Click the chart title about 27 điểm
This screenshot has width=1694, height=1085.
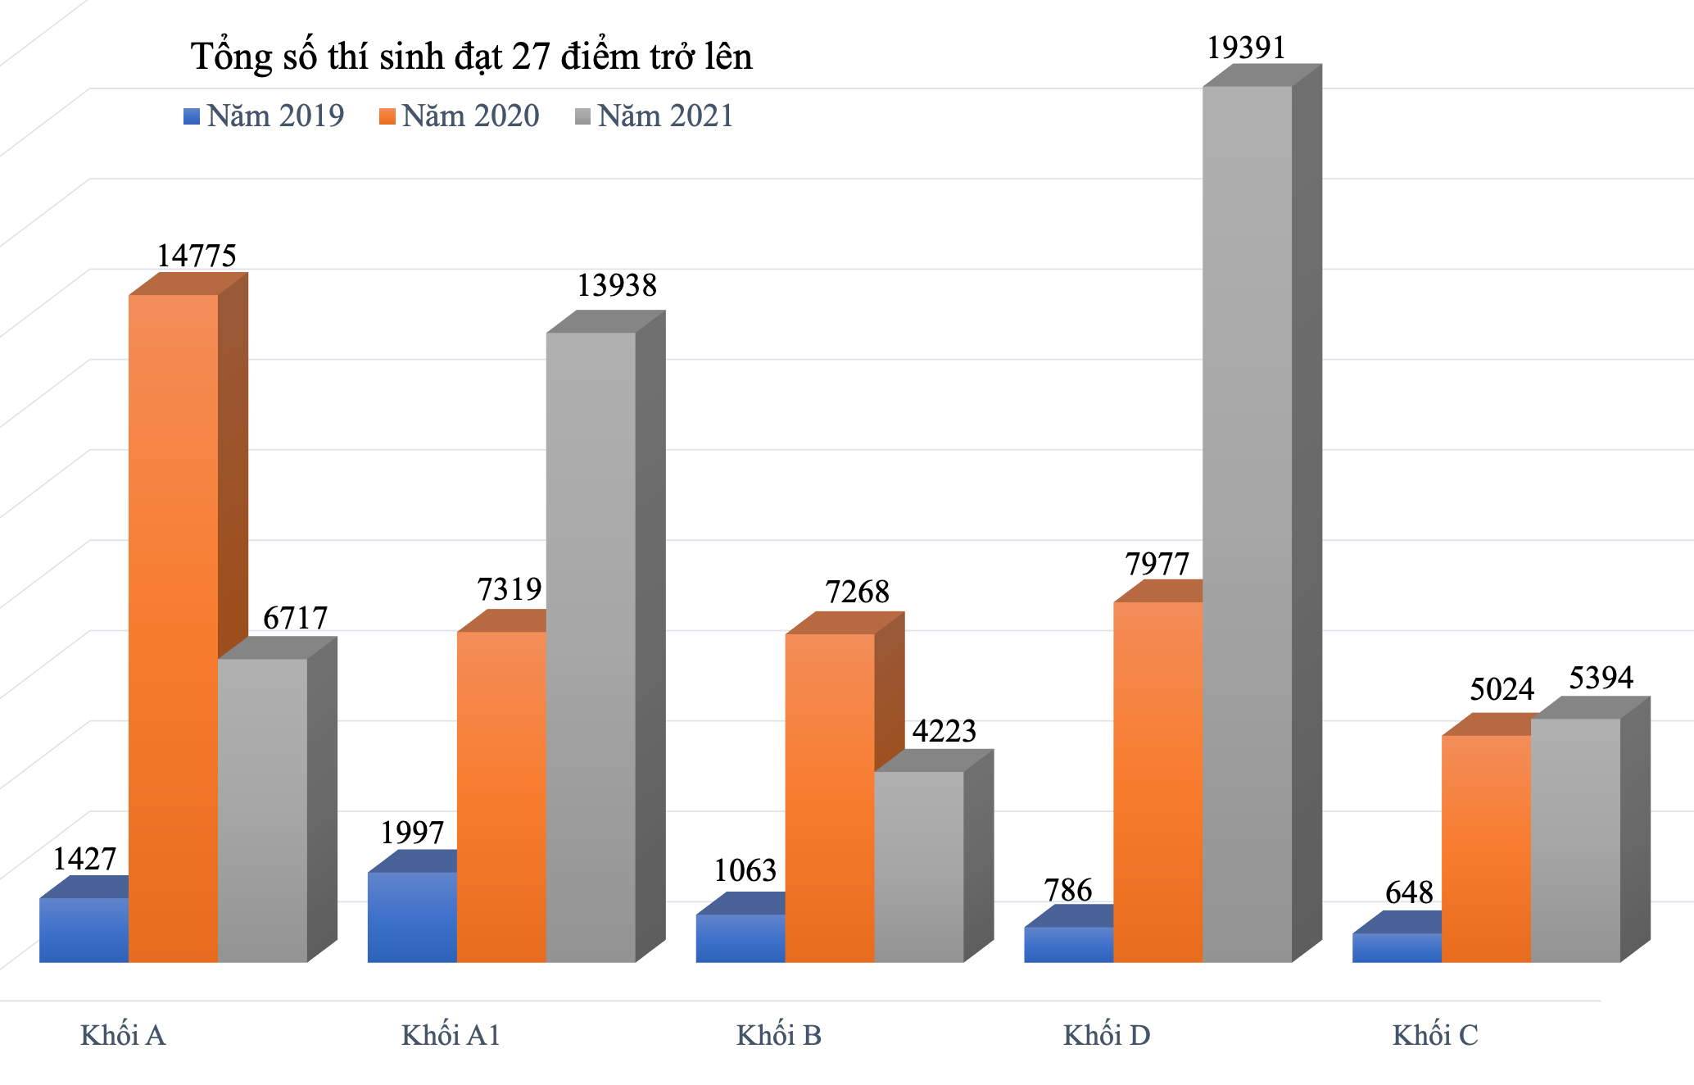[471, 57]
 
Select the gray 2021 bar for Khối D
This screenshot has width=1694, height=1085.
[1247, 524]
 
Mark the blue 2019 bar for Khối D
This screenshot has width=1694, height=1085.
[1068, 944]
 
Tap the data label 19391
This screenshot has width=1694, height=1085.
[1246, 48]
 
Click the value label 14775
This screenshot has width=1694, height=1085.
[197, 256]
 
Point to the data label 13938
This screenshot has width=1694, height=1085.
[617, 285]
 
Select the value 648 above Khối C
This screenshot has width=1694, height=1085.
[1409, 892]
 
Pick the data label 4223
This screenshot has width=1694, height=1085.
[944, 731]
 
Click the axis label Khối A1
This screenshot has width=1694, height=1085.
[451, 1036]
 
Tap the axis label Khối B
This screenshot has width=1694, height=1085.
[778, 1036]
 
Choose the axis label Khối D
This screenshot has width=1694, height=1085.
[1107, 1036]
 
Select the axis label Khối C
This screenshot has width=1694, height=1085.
[1435, 1036]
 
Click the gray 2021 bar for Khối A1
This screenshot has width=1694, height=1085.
[591, 647]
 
